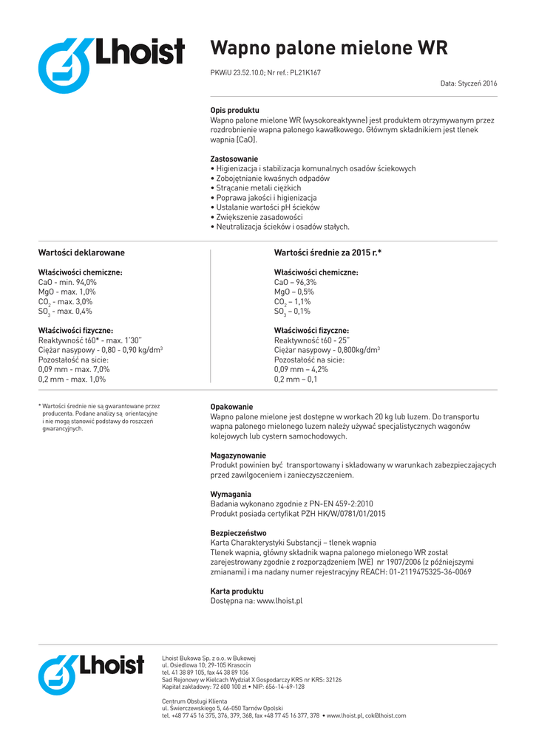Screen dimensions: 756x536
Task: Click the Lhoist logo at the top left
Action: [x=111, y=65]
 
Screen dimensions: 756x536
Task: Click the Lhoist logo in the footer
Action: [x=90, y=674]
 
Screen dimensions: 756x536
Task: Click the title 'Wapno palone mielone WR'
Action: [x=329, y=49]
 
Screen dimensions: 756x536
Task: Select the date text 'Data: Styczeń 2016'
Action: [x=469, y=84]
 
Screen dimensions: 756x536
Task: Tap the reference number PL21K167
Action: [x=305, y=73]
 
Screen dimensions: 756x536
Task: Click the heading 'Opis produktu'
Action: [x=234, y=110]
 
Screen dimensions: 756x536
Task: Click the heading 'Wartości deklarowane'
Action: [x=81, y=252]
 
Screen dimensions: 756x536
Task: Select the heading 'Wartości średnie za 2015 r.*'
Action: [x=328, y=252]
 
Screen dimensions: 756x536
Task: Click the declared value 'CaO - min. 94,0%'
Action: [x=67, y=282]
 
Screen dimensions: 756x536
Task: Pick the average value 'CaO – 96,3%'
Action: [x=295, y=282]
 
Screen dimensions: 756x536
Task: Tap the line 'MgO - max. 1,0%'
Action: [x=67, y=292]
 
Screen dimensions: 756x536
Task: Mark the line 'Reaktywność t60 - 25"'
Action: [x=311, y=340]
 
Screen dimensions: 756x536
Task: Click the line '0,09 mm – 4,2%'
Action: [x=301, y=369]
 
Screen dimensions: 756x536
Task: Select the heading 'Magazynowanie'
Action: [x=238, y=456]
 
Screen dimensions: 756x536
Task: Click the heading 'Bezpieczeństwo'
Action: [x=238, y=533]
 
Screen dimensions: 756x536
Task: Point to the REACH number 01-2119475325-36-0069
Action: [x=419, y=571]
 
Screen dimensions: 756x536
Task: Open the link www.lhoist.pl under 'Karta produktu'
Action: [x=279, y=601]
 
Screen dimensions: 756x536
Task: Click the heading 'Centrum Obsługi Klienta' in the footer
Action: [x=194, y=701]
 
